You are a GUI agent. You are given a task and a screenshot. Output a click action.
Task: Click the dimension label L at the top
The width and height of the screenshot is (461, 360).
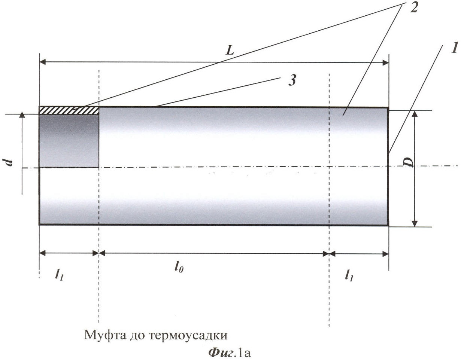point(230,51)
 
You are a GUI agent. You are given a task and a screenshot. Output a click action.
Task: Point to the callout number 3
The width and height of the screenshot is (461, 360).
point(292,80)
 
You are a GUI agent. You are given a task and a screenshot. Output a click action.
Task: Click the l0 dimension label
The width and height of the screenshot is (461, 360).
point(179,268)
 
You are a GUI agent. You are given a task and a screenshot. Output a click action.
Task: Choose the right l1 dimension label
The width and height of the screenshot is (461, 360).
point(349,275)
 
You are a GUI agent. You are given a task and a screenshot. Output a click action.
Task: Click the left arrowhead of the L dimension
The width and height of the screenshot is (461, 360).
point(43,62)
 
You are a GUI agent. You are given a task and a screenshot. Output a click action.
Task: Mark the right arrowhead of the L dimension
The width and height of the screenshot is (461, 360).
point(385,62)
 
